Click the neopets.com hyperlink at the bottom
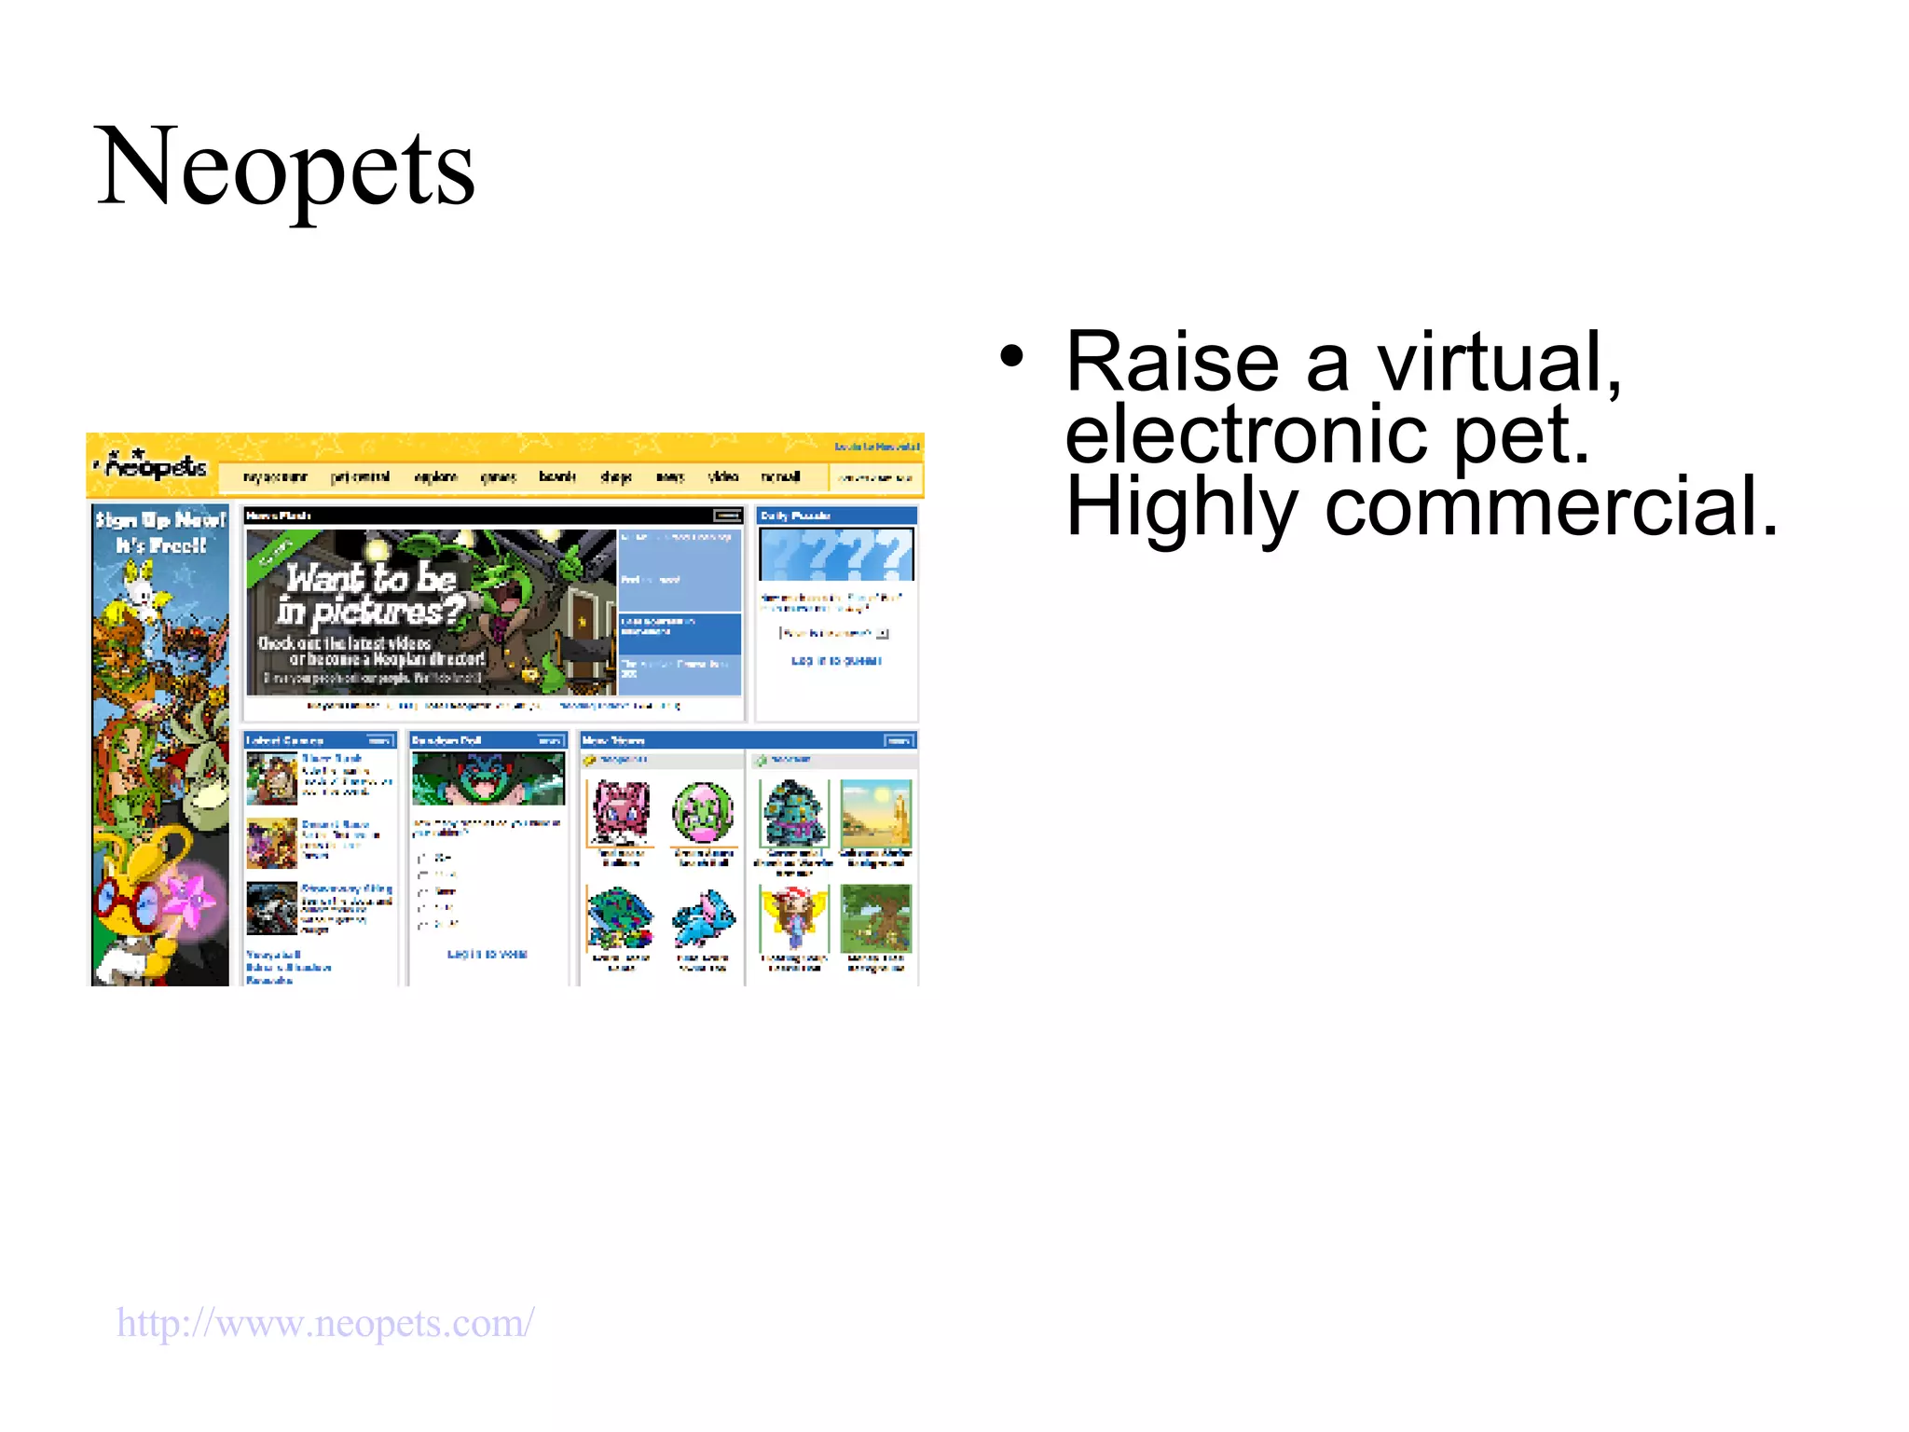tap(325, 1322)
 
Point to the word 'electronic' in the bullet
tap(1245, 434)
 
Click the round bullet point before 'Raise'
tap(1012, 356)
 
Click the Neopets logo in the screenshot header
tap(154, 465)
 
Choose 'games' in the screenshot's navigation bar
tap(498, 477)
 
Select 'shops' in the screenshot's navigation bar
tap(616, 477)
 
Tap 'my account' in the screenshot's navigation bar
tap(275, 477)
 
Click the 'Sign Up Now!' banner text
tap(160, 531)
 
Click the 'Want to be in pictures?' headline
tap(373, 594)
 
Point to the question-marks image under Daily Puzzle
tap(836, 555)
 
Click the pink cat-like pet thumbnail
tap(621, 812)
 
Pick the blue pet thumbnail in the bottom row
tap(704, 917)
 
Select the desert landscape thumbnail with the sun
tap(875, 813)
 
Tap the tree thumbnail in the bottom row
tap(875, 918)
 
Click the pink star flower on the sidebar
tap(194, 899)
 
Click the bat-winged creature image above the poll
tap(488, 778)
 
